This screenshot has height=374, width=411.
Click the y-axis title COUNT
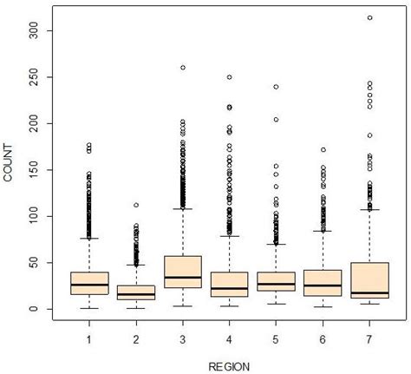point(9,165)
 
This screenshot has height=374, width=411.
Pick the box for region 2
point(136,292)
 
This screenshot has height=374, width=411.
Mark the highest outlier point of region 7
point(370,17)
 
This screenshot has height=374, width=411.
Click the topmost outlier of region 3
point(183,68)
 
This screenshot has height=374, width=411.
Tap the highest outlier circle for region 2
point(136,206)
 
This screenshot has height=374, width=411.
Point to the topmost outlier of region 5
point(277,87)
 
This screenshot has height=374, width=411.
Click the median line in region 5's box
point(277,284)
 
